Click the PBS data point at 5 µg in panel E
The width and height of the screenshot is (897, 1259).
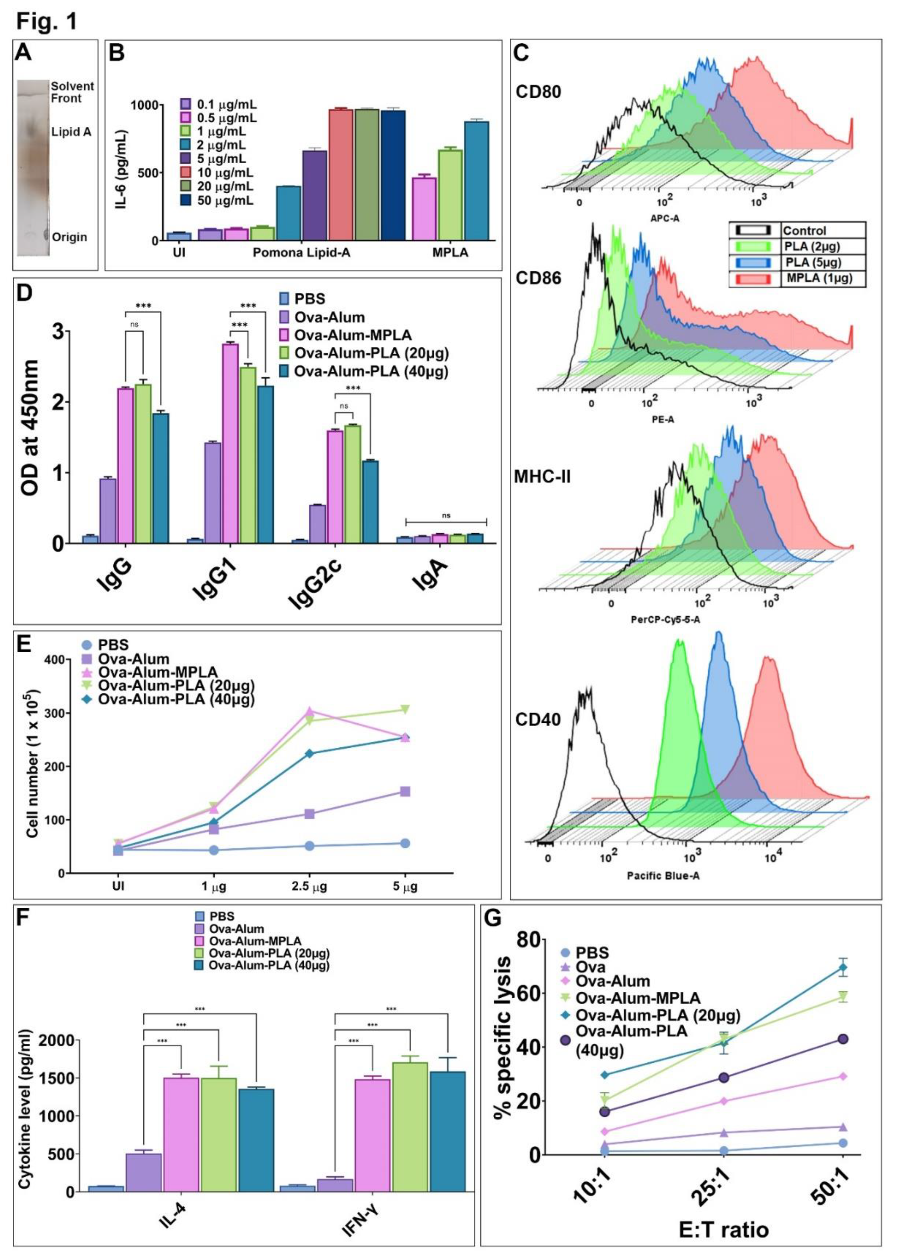405,843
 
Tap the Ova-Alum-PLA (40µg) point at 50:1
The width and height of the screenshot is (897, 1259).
843,1039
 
